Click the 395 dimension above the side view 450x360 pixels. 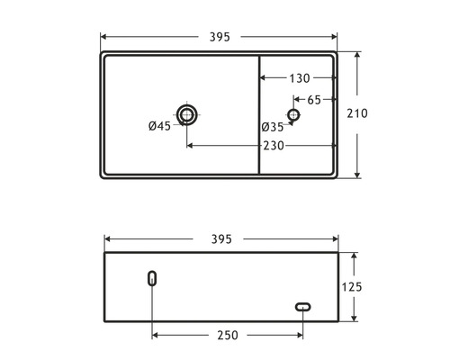pyautogui.click(x=220, y=238)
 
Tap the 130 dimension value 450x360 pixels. pyautogui.click(x=301, y=78)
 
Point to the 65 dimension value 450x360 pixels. pyautogui.click(x=314, y=99)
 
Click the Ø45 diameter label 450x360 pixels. pyautogui.click(x=159, y=126)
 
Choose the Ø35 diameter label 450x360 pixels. pyautogui.click(x=272, y=127)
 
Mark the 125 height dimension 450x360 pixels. pyautogui.click(x=352, y=287)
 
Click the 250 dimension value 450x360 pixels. pyautogui.click(x=227, y=335)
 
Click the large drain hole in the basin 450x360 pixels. pyautogui.click(x=187, y=114)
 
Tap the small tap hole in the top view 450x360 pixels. pyautogui.click(x=292, y=114)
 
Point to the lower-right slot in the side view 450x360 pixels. pyautogui.click(x=302, y=308)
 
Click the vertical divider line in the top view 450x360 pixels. pyautogui.click(x=259, y=114)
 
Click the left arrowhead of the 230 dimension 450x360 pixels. pyautogui.click(x=191, y=145)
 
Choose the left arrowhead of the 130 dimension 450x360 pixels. pyautogui.click(x=264, y=78)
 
